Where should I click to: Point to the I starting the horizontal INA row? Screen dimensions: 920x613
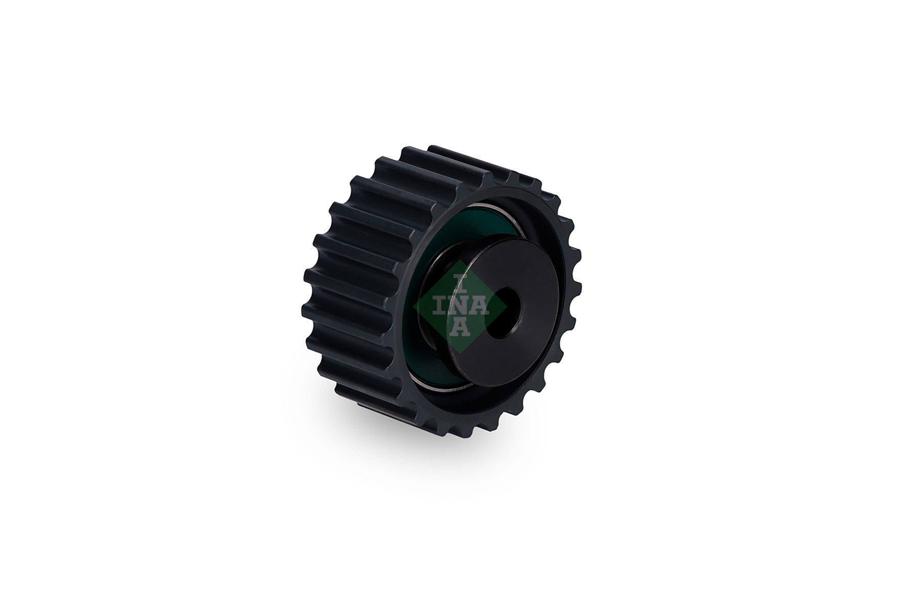click(440, 305)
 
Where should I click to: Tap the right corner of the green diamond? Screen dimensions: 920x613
click(507, 305)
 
